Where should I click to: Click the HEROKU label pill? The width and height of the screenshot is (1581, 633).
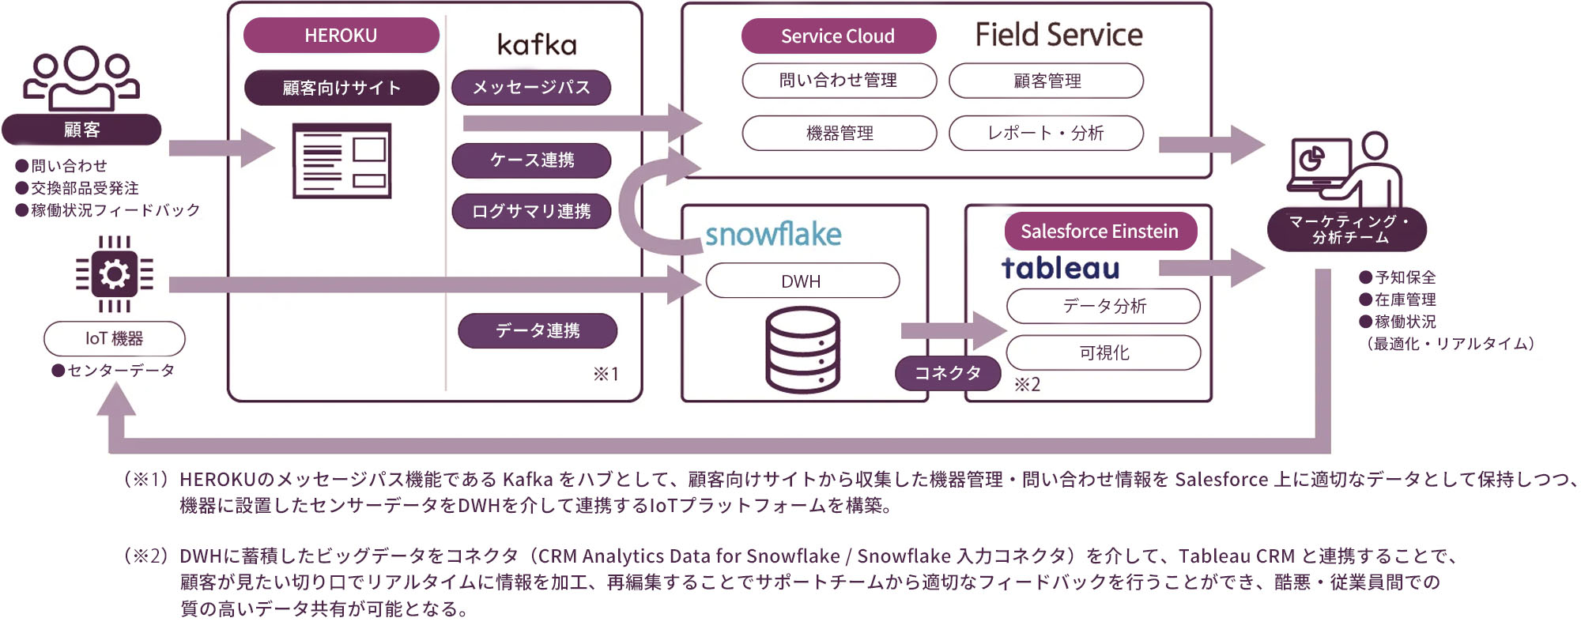pos(341,36)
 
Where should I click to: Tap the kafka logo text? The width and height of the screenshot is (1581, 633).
pos(537,44)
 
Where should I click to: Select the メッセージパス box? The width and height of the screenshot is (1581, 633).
pos(531,88)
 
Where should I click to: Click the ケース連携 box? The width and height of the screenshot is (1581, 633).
pos(531,160)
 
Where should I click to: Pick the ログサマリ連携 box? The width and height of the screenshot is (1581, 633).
pos(531,211)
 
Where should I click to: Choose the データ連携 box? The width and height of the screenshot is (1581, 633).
pos(538,330)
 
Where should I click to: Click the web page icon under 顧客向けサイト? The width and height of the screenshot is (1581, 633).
pos(341,160)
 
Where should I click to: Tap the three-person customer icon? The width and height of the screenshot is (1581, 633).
pos(81,77)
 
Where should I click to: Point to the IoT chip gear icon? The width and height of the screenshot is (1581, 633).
pos(115,274)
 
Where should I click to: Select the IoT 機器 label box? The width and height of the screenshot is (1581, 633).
pos(115,339)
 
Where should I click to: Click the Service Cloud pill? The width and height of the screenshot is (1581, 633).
pos(838,36)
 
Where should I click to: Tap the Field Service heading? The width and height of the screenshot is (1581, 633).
pos(1058,35)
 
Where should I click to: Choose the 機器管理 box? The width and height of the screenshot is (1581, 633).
pos(840,133)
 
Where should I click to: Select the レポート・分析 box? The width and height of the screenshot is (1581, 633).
pos(1046,133)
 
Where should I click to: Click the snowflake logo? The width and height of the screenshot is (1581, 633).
pos(773,234)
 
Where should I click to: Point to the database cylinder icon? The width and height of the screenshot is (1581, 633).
pos(802,350)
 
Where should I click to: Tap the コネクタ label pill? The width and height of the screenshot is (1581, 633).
pos(948,373)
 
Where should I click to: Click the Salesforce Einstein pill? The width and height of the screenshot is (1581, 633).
pos(1100,232)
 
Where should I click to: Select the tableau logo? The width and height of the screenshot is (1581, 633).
pos(1060,268)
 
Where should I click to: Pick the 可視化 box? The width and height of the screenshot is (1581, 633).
pos(1104,352)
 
